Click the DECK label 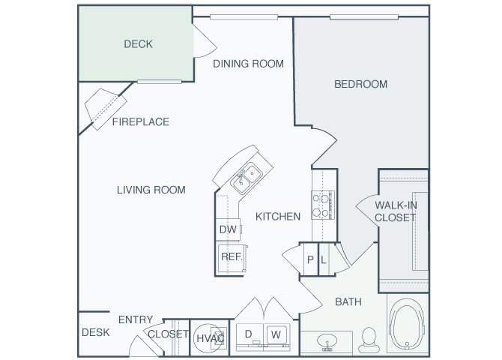click(138, 44)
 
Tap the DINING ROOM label click(248, 64)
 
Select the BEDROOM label click(360, 84)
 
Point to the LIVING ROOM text click(151, 190)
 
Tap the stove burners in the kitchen click(323, 204)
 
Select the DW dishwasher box click(228, 229)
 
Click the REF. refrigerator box click(229, 256)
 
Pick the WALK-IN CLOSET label click(396, 211)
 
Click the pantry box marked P click(309, 260)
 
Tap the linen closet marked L click(324, 260)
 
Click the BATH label click(348, 301)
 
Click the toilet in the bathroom click(369, 340)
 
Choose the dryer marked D click(248, 334)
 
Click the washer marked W click(276, 334)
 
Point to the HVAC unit click(210, 337)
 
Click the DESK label click(96, 332)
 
